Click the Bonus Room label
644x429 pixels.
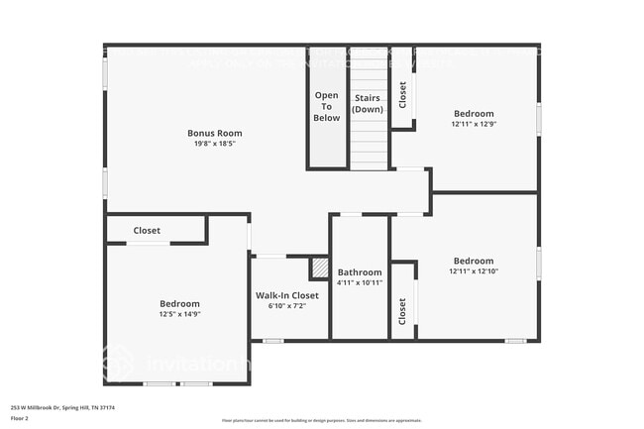215,133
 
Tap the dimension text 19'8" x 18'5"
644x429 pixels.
215,144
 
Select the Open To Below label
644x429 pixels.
327,106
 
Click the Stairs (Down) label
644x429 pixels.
368,103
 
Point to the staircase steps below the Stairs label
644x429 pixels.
368,144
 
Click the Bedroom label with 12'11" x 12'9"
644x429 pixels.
474,113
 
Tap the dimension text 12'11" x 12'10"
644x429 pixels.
474,271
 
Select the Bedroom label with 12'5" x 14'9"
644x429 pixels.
179,303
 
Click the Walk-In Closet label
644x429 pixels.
287,295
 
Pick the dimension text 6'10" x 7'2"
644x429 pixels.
287,306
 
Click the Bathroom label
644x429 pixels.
360,271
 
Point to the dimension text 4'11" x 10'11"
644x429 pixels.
360,282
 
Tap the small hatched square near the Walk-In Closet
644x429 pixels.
319,268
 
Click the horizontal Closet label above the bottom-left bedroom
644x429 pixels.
147,231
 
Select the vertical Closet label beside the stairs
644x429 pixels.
402,95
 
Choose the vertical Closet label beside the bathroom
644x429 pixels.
402,311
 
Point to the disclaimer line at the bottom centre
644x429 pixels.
321,420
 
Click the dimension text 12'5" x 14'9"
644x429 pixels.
179,314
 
